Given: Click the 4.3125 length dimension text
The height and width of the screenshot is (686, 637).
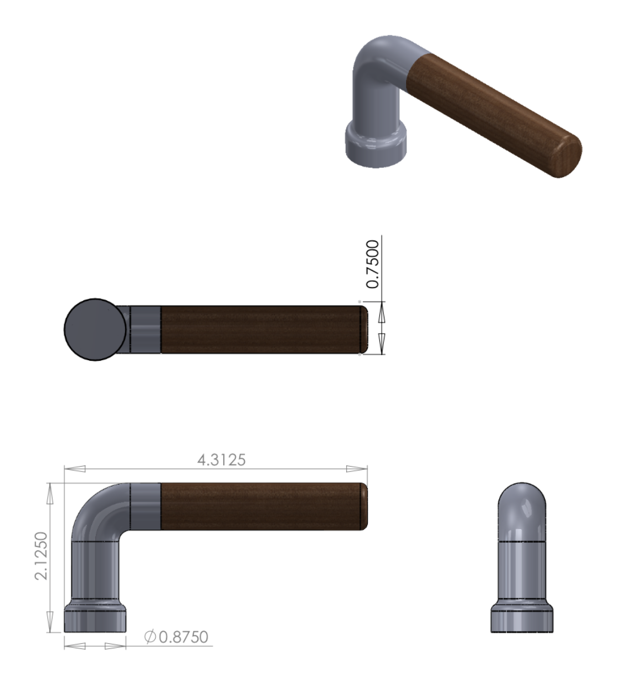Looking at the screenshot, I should point(221,460).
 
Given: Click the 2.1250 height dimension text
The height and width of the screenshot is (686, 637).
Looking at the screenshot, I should point(42,556).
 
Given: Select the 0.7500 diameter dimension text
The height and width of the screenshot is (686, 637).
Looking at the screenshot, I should point(373,264).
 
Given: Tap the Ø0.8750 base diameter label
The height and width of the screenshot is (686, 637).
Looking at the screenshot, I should point(176,637).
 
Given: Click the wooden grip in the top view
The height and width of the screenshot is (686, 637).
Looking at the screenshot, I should point(260,329).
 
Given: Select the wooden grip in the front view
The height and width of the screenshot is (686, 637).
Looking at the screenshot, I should point(260,506).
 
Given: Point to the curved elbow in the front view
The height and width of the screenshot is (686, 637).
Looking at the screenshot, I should point(100,510).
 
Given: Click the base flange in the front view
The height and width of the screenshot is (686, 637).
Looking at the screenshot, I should point(95,618).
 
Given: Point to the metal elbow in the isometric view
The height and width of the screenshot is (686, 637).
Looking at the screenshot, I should point(382,61).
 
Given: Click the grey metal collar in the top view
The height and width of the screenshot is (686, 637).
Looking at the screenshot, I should point(145,329).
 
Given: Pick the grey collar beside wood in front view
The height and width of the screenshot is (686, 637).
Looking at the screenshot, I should point(145,505).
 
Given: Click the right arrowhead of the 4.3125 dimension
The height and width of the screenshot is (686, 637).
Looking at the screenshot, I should point(357,469).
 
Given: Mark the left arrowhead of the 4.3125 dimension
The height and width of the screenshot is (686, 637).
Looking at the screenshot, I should point(75,469).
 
